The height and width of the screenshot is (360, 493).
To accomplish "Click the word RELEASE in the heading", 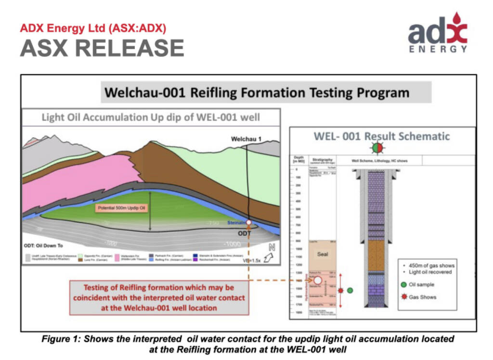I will (130, 48).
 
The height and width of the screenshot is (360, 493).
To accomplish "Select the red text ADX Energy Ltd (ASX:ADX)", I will (93, 28).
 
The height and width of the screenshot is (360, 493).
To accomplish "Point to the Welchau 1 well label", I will (246, 140).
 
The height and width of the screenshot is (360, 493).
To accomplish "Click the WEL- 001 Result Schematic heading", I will (381, 136).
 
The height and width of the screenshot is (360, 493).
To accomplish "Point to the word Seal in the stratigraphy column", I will (322, 254).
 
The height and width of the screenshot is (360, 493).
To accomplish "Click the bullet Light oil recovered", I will (427, 272).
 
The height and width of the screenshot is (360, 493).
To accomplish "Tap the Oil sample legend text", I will (421, 284).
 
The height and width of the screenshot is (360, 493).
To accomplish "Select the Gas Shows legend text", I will (422, 297).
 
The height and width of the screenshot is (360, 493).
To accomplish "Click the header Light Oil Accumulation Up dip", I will (151, 117).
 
